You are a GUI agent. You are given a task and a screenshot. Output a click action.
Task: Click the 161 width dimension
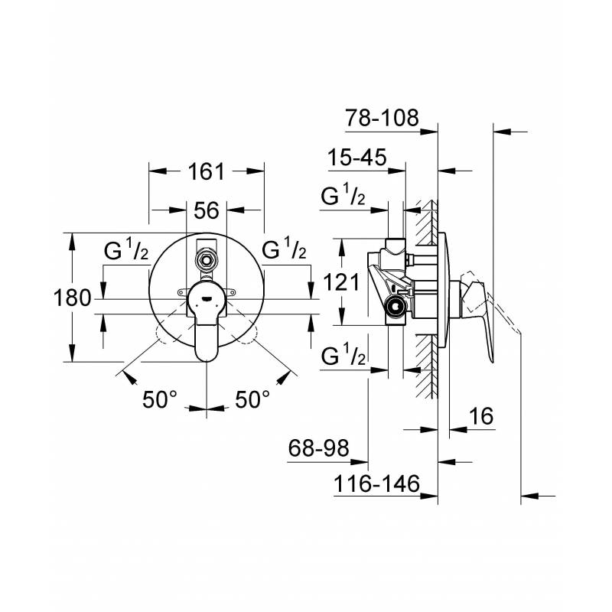[x=207, y=171]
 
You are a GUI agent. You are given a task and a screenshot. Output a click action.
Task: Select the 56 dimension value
[x=207, y=210]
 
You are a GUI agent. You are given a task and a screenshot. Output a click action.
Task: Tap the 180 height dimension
[x=72, y=298]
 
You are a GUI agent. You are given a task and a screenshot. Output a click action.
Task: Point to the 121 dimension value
[x=341, y=282]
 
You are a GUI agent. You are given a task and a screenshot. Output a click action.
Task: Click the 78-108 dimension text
[x=382, y=117]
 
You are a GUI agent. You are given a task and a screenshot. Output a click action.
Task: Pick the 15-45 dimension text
[x=357, y=157]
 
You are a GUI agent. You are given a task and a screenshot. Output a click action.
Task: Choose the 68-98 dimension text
[x=318, y=448]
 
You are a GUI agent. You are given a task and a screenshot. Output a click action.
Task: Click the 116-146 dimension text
[x=376, y=483]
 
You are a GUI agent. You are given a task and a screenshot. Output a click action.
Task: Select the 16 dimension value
[x=481, y=416]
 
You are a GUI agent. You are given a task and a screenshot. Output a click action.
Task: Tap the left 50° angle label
[x=160, y=399]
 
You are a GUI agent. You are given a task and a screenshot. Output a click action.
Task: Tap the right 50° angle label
[x=252, y=399]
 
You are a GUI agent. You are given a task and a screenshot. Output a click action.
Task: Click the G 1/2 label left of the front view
[x=126, y=249]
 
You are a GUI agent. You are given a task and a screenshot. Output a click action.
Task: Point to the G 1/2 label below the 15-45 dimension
[x=343, y=195]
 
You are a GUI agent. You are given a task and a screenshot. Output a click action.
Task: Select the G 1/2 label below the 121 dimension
[x=343, y=355]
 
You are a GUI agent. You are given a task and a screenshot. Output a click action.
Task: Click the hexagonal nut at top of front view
[x=207, y=260]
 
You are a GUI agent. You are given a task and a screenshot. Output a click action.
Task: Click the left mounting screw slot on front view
[x=183, y=291]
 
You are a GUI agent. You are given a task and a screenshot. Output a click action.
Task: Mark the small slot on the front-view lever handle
[x=207, y=299]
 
